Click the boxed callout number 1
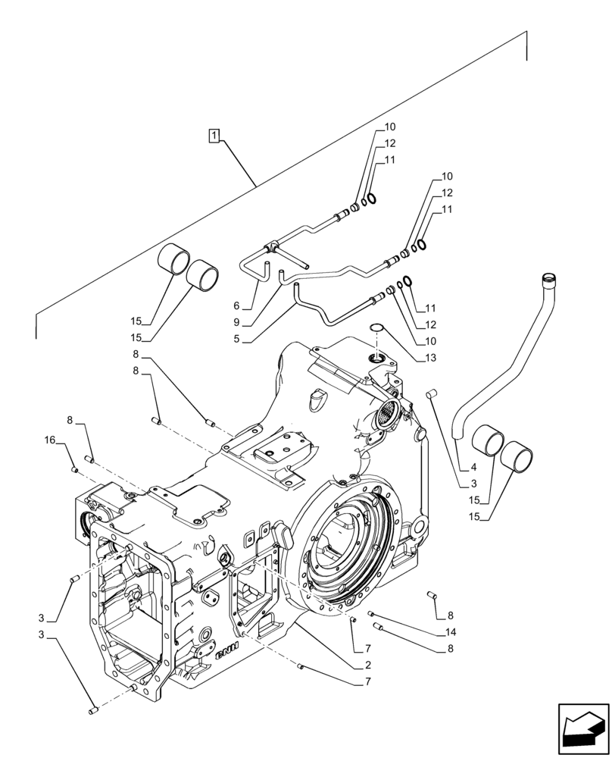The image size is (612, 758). point(215,136)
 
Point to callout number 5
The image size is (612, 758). point(237,339)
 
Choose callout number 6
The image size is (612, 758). point(237,306)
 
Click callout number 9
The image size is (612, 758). point(237,322)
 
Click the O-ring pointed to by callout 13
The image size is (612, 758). point(376,328)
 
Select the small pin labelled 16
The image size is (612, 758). point(75,471)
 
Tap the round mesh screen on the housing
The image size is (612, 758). point(386,412)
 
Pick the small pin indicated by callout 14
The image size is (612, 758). point(371,613)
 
